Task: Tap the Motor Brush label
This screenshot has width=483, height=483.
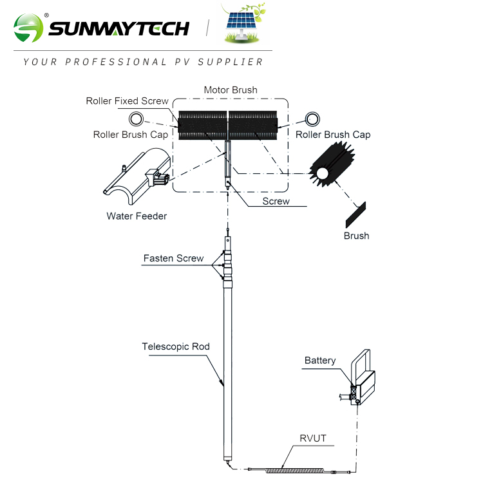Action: (230, 90)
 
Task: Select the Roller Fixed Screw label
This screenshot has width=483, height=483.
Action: (127, 101)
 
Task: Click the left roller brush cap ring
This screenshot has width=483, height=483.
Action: (137, 118)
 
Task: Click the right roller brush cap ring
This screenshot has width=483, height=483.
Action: (312, 118)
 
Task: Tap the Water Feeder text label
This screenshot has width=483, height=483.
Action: (137, 216)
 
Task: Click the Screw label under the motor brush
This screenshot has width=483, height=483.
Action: (276, 201)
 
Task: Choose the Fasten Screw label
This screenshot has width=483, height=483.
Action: (173, 258)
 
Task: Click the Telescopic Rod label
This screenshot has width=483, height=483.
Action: (176, 346)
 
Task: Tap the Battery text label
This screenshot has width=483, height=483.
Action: (320, 361)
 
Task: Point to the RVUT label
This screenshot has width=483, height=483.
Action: (313, 439)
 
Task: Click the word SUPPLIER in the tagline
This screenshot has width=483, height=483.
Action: (235, 62)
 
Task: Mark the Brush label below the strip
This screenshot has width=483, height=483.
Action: (356, 236)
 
